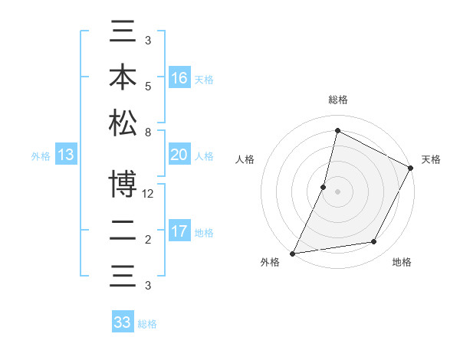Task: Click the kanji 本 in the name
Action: pyautogui.click(x=123, y=77)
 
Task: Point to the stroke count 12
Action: pyautogui.click(x=149, y=195)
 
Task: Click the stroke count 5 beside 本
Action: pyautogui.click(x=147, y=87)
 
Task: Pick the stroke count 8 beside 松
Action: pyautogui.click(x=147, y=133)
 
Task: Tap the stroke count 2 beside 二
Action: pyautogui.click(x=147, y=240)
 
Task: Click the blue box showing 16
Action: pyautogui.click(x=179, y=77)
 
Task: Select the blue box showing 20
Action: pyautogui.click(x=179, y=155)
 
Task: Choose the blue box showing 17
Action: pyautogui.click(x=179, y=231)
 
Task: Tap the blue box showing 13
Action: pyautogui.click(x=66, y=155)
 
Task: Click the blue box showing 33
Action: pyautogui.click(x=123, y=322)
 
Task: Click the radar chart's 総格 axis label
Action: pyautogui.click(x=337, y=100)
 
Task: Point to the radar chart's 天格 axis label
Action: pyautogui.click(x=431, y=159)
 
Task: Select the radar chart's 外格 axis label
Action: pyautogui.click(x=270, y=263)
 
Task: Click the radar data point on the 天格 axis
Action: pyautogui.click(x=411, y=168)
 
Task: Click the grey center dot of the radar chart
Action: pyautogui.click(x=337, y=191)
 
